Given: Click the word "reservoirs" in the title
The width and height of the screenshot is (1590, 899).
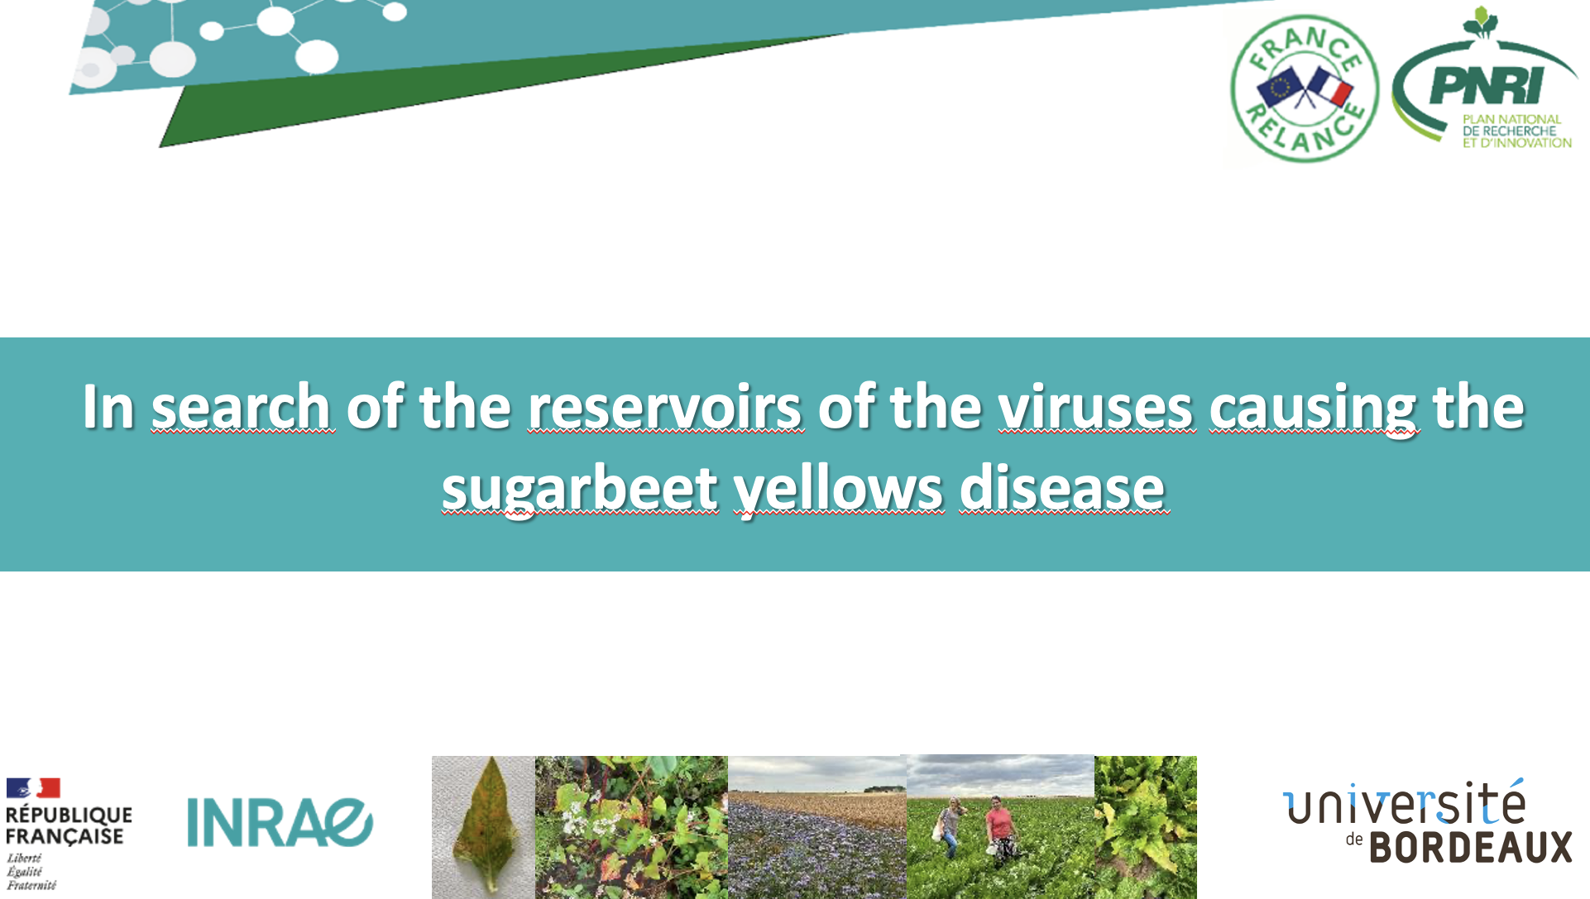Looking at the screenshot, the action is [665, 406].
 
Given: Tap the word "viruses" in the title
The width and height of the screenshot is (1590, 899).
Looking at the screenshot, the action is [1096, 406].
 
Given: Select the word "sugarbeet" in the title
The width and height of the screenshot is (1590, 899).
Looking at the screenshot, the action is [579, 489].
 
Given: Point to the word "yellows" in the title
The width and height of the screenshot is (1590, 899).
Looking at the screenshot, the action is [837, 489].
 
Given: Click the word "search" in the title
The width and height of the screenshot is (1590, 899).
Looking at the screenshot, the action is [242, 406].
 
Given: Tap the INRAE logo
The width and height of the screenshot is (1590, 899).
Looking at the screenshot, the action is [280, 822].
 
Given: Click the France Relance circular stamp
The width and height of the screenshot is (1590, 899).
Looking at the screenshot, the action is [1305, 88].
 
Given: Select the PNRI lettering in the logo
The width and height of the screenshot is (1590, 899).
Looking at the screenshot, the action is [1486, 84].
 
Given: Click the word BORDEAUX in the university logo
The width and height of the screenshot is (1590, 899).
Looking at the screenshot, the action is [1471, 847].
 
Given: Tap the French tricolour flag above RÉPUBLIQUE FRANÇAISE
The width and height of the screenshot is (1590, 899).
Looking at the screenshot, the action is [33, 787].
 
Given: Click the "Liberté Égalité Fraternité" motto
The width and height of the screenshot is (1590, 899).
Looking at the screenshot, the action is [31, 872].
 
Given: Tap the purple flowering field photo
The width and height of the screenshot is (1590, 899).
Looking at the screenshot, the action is [817, 827].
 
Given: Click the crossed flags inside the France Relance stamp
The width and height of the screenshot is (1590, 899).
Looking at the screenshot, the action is [1305, 87].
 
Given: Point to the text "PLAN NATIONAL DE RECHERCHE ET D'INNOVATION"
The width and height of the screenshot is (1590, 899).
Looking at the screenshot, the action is [1516, 131].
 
